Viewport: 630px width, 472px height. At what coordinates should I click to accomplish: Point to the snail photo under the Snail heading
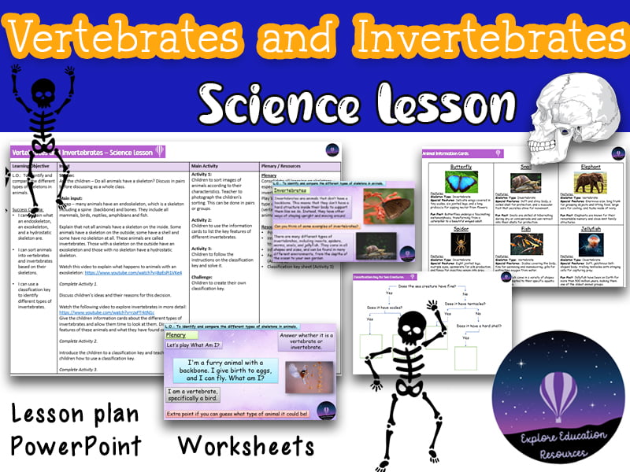point(524,183)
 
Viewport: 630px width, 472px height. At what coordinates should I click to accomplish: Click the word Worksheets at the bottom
point(246,445)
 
